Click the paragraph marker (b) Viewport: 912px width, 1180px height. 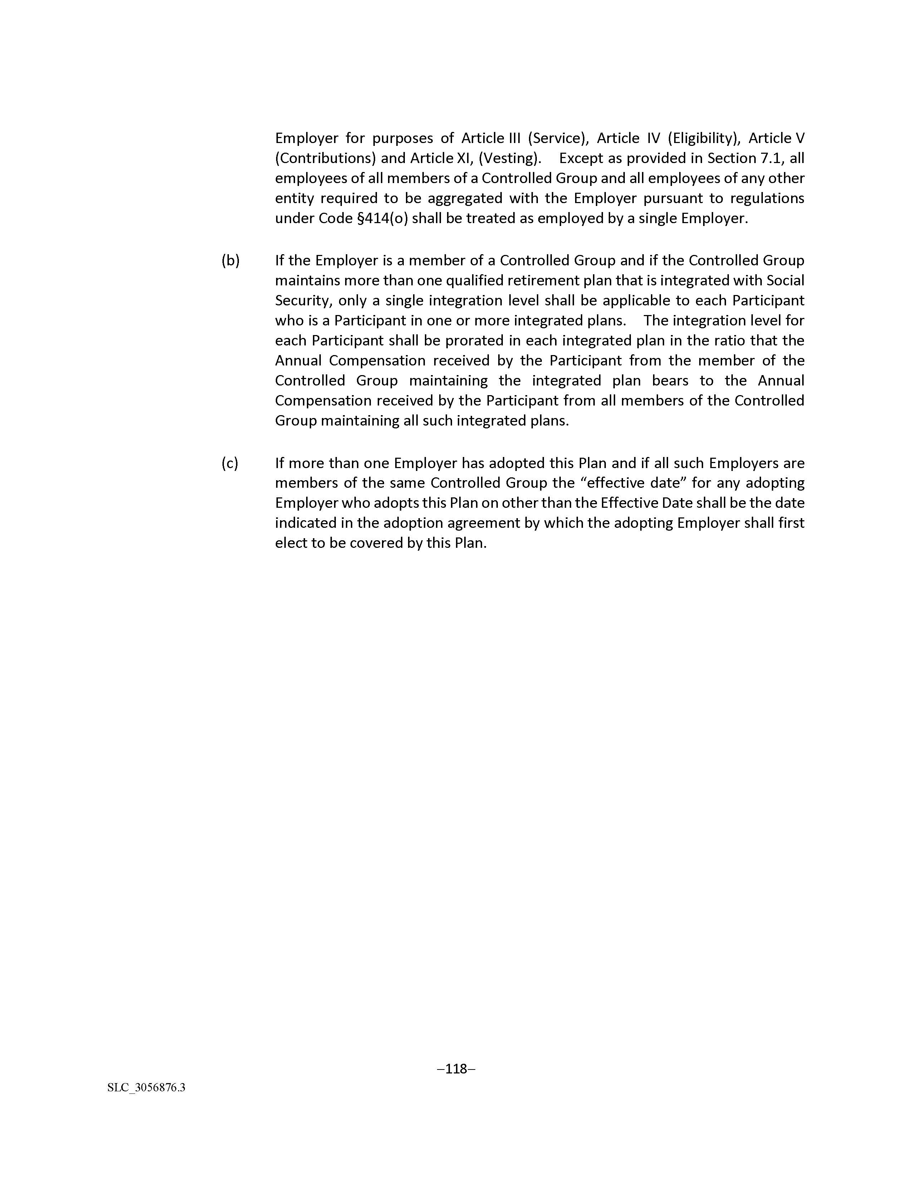pos(230,260)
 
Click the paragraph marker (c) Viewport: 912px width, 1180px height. pos(230,463)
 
